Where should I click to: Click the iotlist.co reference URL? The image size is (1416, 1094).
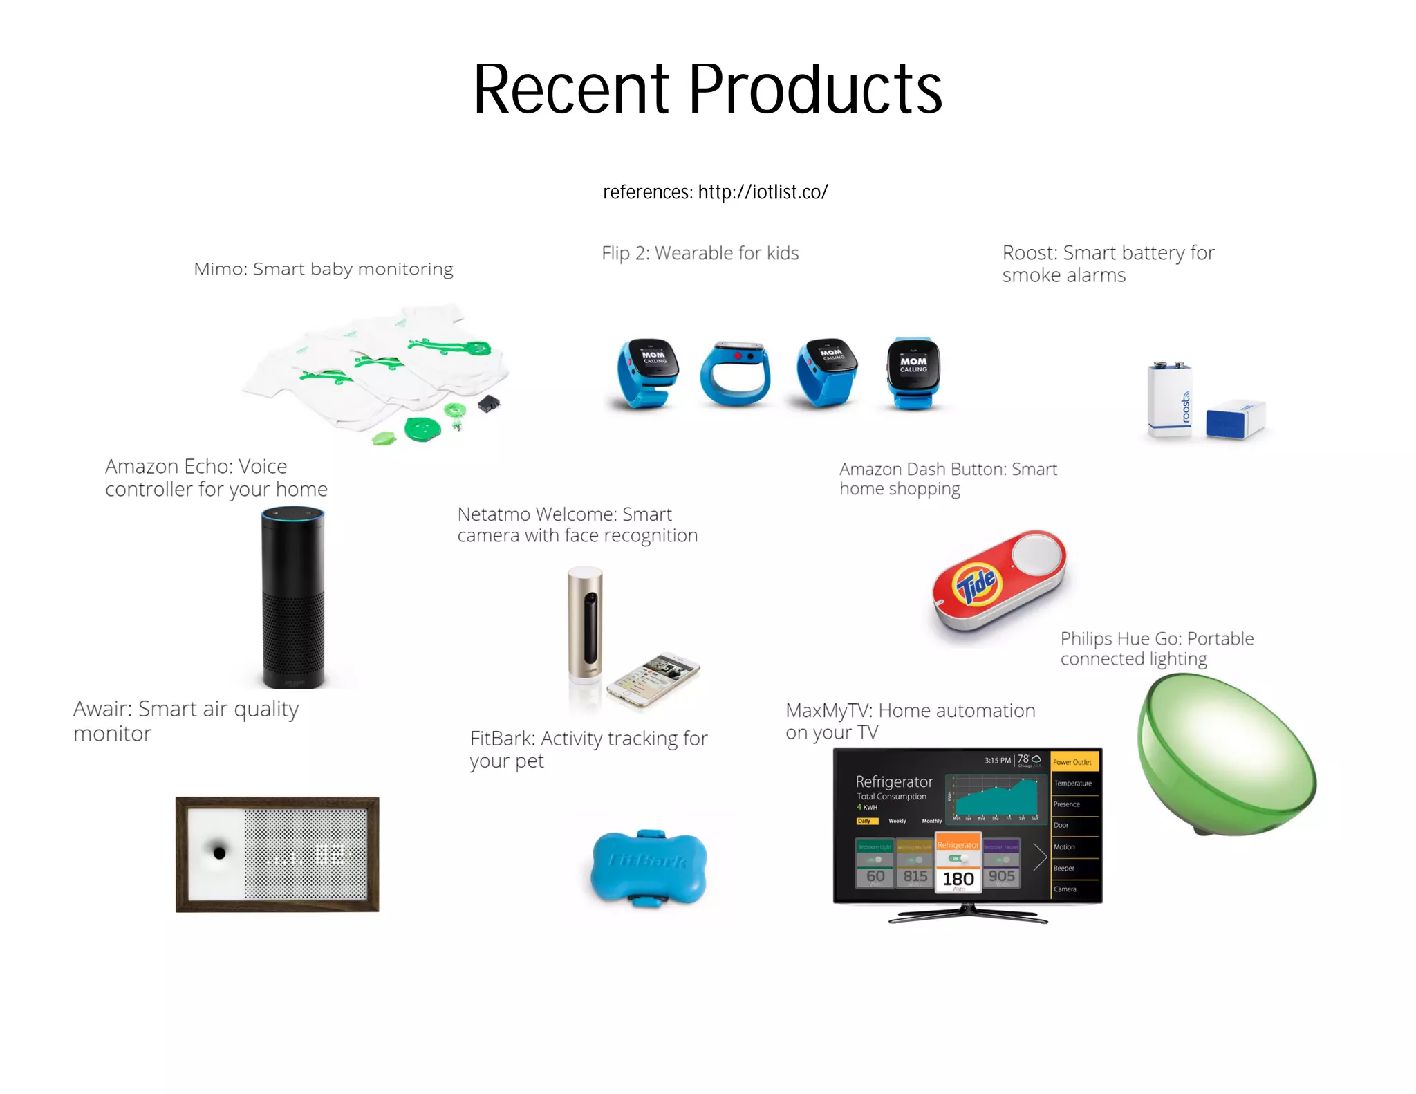(763, 192)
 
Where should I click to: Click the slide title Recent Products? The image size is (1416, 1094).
(707, 89)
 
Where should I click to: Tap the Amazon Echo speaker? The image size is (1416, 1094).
(292, 597)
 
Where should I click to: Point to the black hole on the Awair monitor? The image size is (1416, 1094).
(219, 853)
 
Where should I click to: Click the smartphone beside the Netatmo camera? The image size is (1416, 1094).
(653, 679)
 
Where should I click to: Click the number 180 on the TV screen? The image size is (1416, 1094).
(958, 879)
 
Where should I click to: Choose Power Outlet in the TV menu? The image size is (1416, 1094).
(1072, 762)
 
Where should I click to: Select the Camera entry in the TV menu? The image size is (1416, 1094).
(1065, 889)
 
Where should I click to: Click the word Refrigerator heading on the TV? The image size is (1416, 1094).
(894, 781)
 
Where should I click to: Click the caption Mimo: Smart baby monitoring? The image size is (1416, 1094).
(324, 269)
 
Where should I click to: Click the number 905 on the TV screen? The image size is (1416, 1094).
(1001, 876)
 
